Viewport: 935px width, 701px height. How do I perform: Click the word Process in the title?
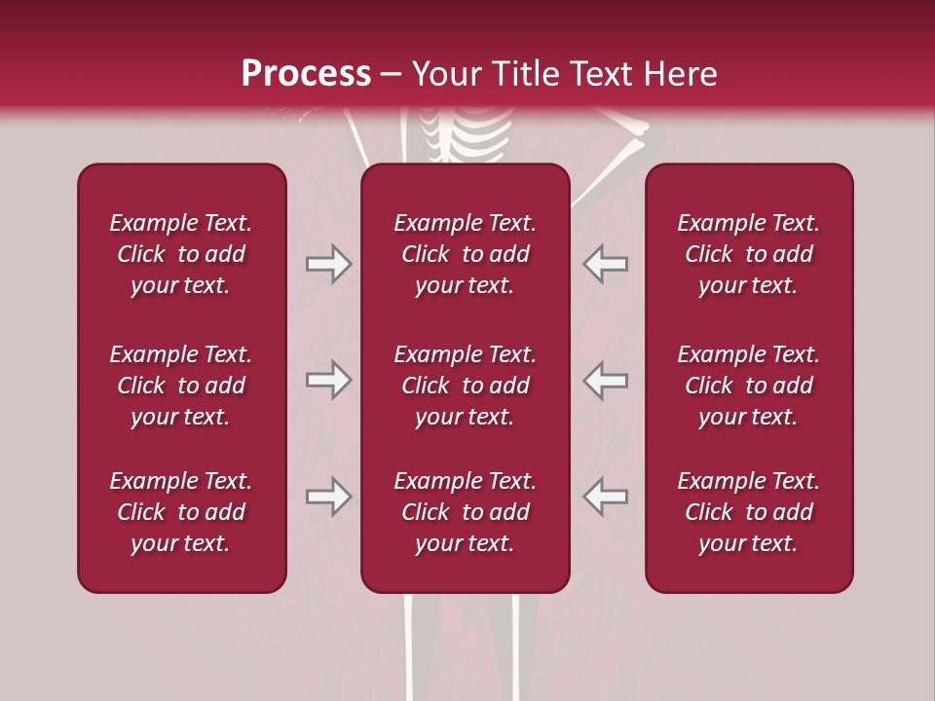(306, 73)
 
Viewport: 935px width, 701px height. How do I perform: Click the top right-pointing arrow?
(328, 264)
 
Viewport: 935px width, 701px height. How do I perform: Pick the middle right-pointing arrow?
(328, 380)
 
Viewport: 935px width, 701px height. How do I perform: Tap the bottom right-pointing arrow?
(328, 497)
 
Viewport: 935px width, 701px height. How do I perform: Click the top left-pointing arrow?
(605, 264)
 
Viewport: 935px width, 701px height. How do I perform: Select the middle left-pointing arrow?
(605, 380)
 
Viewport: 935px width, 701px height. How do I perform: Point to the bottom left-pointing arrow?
(605, 497)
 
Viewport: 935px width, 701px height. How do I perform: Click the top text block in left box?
(181, 254)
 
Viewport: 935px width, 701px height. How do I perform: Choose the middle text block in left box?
(181, 386)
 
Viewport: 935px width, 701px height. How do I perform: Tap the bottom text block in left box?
(181, 512)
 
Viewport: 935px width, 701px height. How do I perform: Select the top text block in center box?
(465, 254)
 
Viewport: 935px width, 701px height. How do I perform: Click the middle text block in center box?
(465, 386)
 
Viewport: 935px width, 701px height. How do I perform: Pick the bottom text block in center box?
(465, 512)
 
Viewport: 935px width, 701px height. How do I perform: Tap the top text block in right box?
(748, 254)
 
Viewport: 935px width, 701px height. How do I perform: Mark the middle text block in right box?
(748, 386)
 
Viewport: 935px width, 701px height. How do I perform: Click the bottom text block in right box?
(748, 512)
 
